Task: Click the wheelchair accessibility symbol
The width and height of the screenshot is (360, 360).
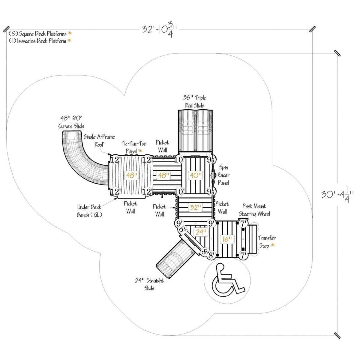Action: tap(227, 279)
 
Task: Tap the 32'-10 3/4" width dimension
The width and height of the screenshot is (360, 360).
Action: tap(159, 30)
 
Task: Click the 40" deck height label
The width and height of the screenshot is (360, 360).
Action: tap(195, 175)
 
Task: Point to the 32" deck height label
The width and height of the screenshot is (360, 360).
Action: tap(195, 207)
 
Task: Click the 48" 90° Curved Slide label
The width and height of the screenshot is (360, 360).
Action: tap(71, 121)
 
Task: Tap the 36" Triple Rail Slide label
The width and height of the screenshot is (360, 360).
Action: tap(195, 101)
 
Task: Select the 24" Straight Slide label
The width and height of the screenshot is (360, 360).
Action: tap(149, 284)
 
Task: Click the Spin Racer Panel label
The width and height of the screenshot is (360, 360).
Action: tap(224, 175)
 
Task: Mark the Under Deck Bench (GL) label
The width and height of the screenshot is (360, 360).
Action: tap(89, 211)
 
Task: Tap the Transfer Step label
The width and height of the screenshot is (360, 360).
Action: tap(267, 242)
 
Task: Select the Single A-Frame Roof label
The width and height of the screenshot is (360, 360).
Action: tap(99, 141)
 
